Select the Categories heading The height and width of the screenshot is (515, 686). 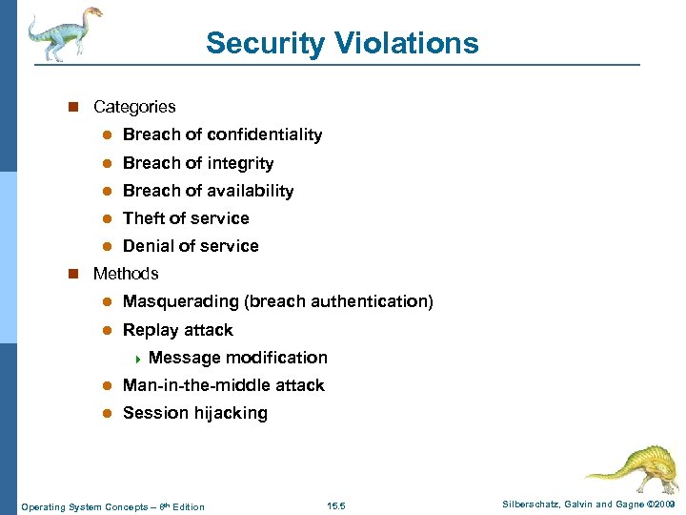(x=134, y=107)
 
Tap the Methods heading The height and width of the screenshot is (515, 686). (x=126, y=274)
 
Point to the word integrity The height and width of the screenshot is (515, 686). (x=237, y=163)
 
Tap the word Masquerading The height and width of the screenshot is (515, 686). (x=181, y=301)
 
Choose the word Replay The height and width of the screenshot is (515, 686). (x=148, y=330)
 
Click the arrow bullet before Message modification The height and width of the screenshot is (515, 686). (x=137, y=359)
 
